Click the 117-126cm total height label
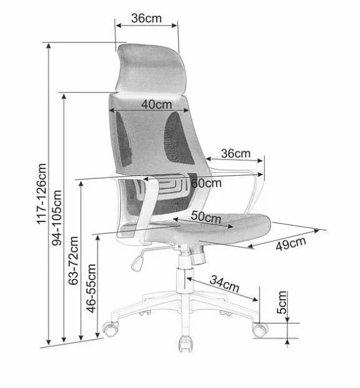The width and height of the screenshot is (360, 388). (x=42, y=194)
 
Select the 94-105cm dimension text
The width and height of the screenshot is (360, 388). (x=57, y=218)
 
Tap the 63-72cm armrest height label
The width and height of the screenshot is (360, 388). (x=74, y=261)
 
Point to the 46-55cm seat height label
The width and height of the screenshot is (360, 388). (x=91, y=288)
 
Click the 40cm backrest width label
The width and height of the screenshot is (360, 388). (x=157, y=105)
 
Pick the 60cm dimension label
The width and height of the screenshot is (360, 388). (x=206, y=183)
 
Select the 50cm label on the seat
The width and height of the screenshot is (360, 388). (x=206, y=217)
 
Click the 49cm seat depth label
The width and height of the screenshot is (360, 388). (x=291, y=243)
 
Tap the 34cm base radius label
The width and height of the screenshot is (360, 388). (x=225, y=284)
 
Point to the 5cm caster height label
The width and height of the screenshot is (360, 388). (x=282, y=303)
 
